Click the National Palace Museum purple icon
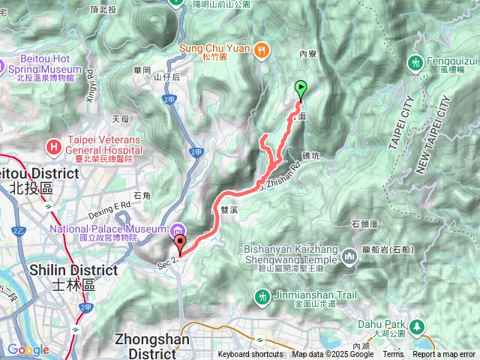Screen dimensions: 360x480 [177, 229]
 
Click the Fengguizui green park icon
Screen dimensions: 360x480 [417, 62]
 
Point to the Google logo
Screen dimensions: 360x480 [28, 349]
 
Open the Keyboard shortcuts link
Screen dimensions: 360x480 [250, 355]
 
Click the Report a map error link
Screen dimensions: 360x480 [445, 355]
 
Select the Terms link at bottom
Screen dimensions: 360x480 [393, 355]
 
